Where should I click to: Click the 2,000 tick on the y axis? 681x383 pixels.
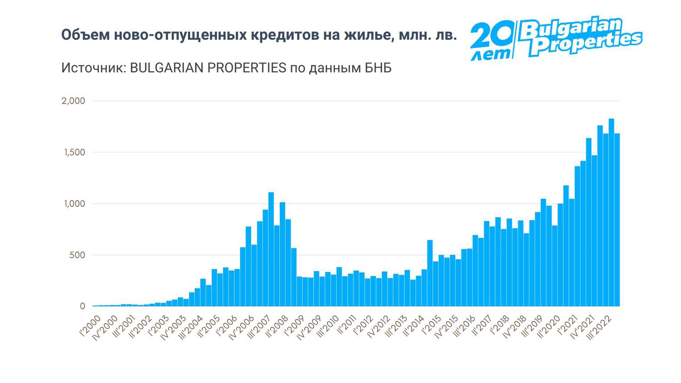coord(73,101)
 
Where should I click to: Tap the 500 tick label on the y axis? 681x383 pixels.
coord(77,255)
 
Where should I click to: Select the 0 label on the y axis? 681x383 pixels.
coord(82,306)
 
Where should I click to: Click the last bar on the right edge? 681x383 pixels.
coord(617,220)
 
